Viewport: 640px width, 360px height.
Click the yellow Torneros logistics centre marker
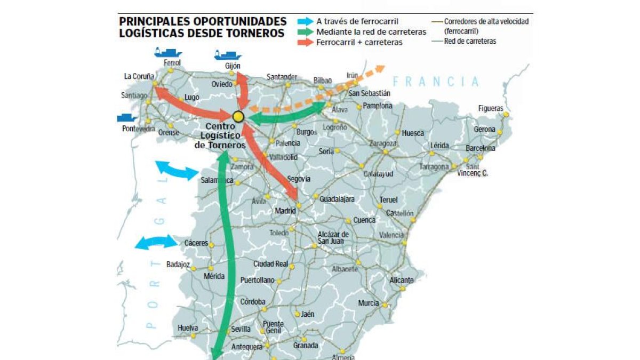[x=238, y=117]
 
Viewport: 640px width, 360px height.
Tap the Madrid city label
[x=285, y=211]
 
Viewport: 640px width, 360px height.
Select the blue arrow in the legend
[x=306, y=21]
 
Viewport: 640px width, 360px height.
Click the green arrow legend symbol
[x=306, y=32]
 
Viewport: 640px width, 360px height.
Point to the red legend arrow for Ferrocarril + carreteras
[x=306, y=42]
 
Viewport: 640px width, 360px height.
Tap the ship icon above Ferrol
[x=167, y=52]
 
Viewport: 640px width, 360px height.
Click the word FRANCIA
[x=436, y=82]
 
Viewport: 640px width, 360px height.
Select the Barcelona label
[x=480, y=148]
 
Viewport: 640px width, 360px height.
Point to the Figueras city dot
[x=506, y=114]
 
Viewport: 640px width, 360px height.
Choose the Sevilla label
[x=241, y=329]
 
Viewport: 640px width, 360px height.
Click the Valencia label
[x=391, y=235]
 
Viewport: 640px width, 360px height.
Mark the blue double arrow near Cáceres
[x=156, y=242]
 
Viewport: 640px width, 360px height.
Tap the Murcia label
[x=369, y=303]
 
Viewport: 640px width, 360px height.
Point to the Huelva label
[x=188, y=328]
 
